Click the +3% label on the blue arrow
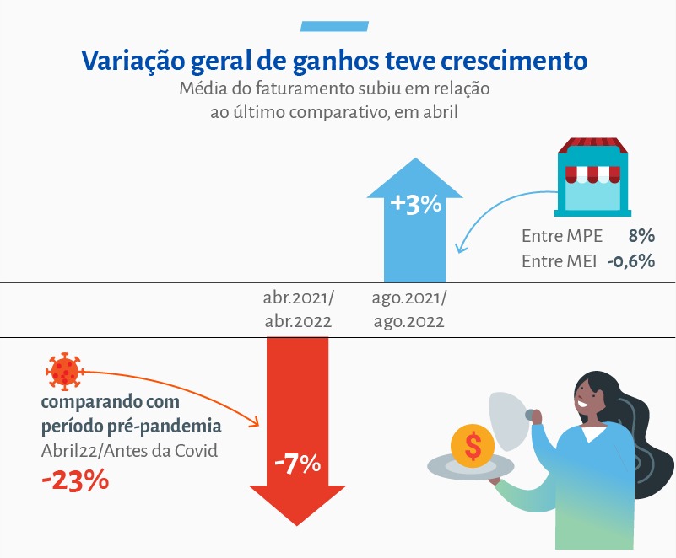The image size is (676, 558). pos(416,205)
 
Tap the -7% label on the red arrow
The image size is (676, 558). pos(297,463)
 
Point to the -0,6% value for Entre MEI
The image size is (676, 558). pos(630,260)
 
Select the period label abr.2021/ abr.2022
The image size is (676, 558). pos(298,309)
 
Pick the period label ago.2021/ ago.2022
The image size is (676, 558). pos(408,309)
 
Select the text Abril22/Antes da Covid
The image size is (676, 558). pos(129,450)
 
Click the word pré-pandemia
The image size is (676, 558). pos(170,426)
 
